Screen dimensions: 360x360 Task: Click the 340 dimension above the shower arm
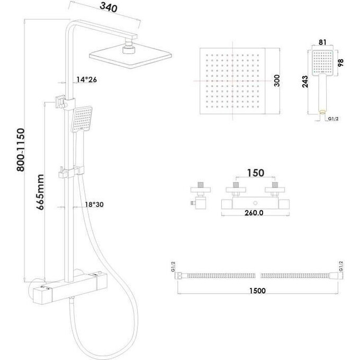click(x=109, y=7)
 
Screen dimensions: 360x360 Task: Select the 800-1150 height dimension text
click(x=21, y=150)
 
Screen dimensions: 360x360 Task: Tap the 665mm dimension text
click(x=40, y=192)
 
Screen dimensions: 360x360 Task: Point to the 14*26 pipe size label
click(x=86, y=79)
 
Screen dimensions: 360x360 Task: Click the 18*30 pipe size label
click(x=94, y=204)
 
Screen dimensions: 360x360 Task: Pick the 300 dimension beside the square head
click(x=277, y=80)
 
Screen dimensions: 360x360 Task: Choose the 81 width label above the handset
click(x=322, y=42)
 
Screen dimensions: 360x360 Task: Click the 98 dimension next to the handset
click(x=341, y=62)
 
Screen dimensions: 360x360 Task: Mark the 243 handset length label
click(x=305, y=82)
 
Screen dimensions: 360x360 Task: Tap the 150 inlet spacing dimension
click(x=256, y=173)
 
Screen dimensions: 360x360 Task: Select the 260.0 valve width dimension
click(x=254, y=213)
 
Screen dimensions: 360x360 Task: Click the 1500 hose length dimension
click(x=258, y=291)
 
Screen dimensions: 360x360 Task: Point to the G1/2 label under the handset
click(x=333, y=119)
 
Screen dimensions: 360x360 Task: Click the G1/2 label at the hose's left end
click(x=173, y=266)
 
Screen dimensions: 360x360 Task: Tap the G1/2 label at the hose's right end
click(x=341, y=266)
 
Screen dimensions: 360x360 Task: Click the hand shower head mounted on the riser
click(x=82, y=120)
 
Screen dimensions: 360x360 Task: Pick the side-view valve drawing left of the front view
click(x=200, y=195)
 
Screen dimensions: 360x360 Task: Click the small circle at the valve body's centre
click(x=256, y=203)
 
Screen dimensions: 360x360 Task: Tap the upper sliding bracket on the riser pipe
click(x=65, y=102)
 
